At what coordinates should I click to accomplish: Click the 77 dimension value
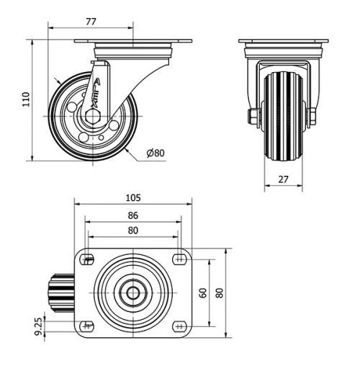pos(91,22)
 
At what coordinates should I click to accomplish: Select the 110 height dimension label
pos(25,99)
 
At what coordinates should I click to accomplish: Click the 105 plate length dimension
pos(133,197)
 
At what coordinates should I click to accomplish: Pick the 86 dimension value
pos(133,215)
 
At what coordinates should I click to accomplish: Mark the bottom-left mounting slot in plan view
pos(89,325)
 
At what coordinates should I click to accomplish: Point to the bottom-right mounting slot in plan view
pos(179,325)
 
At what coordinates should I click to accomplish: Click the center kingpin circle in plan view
pos(134,293)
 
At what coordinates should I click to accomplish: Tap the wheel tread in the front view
pos(282,115)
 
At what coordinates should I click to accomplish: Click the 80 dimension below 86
pos(133,231)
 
